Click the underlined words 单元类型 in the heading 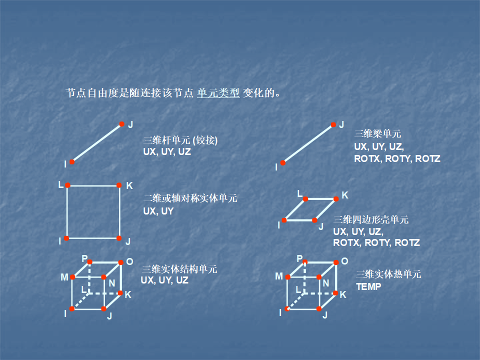coord(218,93)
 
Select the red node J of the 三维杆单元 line coord(121,124)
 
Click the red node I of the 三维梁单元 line coord(283,162)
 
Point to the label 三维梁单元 coord(377,133)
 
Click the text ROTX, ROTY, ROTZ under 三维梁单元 coord(397,159)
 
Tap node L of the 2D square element coord(67,185)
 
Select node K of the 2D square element coord(119,185)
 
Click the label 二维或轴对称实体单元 coord(190,198)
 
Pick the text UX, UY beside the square coord(158,211)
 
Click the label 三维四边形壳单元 coord(371,219)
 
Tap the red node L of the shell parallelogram coord(305,198)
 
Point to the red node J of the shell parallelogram coord(314,220)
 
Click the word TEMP coord(368,287)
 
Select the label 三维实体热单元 coord(388,274)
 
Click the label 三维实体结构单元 coord(179,269)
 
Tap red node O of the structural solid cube coord(121,262)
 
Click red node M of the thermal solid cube coord(287,277)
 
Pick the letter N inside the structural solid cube coord(112,283)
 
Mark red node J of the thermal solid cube coord(319,308)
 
